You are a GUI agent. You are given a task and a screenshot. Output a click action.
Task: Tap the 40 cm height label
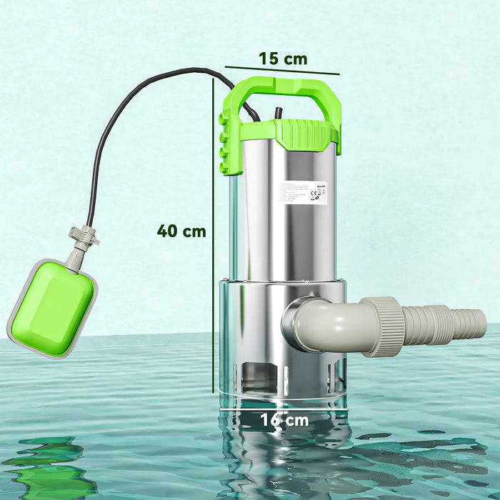pos(181,231)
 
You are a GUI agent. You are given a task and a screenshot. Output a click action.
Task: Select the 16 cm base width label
pos(284,420)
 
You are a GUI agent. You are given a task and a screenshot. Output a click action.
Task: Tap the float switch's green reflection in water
pos(54,468)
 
